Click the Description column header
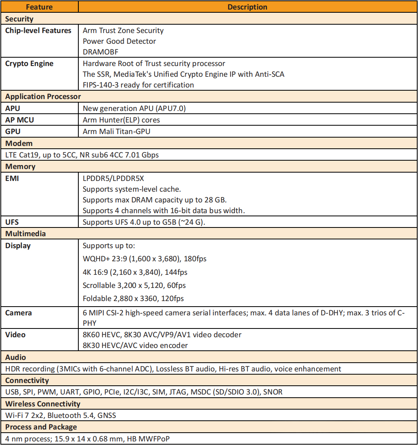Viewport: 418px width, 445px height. (x=247, y=7)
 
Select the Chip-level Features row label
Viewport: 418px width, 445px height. (x=38, y=31)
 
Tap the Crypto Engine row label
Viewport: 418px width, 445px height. (x=29, y=64)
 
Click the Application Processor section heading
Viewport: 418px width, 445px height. (x=43, y=97)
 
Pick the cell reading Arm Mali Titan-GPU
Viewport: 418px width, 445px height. (x=117, y=132)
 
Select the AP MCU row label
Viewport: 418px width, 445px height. (x=19, y=120)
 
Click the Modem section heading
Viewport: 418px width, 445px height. (x=19, y=143)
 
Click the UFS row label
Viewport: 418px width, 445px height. (x=12, y=222)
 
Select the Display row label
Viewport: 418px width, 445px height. (x=18, y=246)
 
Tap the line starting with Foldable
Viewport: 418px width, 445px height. (x=133, y=298)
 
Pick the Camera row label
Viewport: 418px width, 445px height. (x=18, y=313)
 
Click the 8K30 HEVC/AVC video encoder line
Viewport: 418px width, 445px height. (x=135, y=346)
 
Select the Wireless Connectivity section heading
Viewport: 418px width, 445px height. (x=43, y=404)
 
